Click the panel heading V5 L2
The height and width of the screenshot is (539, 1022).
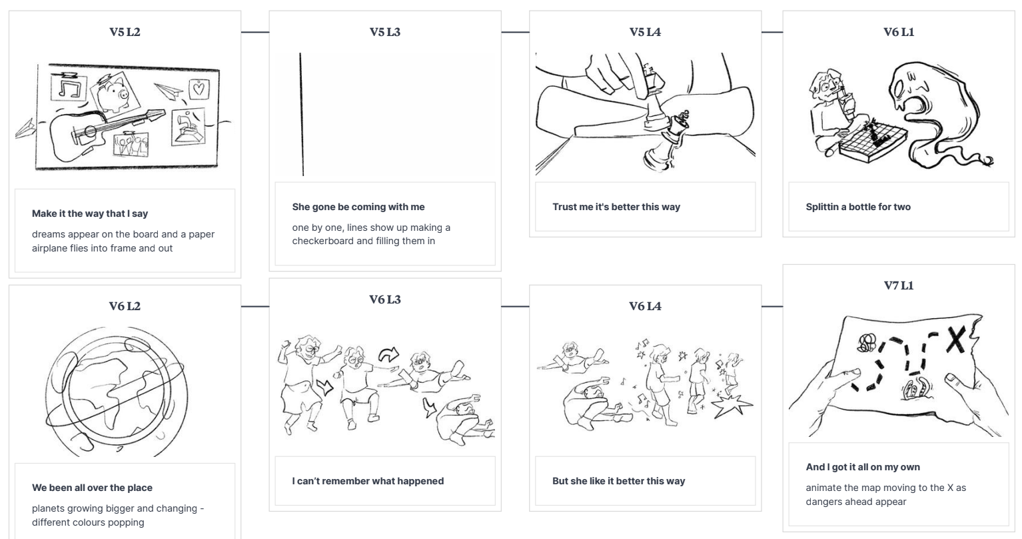point(125,32)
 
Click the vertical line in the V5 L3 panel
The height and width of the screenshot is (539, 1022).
point(302,114)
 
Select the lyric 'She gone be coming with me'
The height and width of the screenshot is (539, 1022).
point(358,207)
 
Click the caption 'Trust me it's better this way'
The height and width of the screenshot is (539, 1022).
point(616,207)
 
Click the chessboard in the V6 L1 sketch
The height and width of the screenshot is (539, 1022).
point(872,141)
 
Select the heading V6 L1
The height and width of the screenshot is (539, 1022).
point(899,32)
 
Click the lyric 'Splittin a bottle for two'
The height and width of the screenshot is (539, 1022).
point(858,207)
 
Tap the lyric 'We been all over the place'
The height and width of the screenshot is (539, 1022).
point(92,488)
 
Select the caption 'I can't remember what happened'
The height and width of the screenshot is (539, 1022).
point(368,481)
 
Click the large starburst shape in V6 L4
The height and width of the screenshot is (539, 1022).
point(732,406)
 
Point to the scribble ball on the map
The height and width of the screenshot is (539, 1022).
point(866,343)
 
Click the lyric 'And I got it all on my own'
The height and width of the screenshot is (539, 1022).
point(863,467)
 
